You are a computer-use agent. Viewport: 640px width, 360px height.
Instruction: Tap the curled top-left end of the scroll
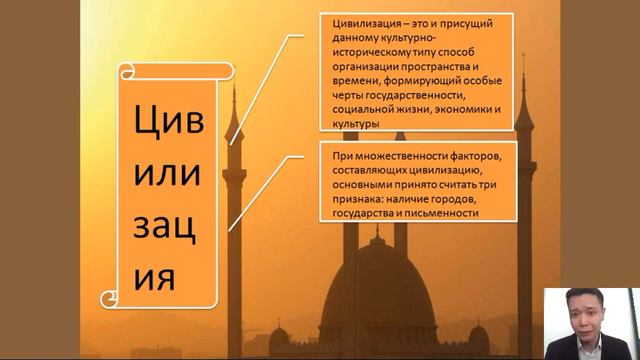coord(125,71)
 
